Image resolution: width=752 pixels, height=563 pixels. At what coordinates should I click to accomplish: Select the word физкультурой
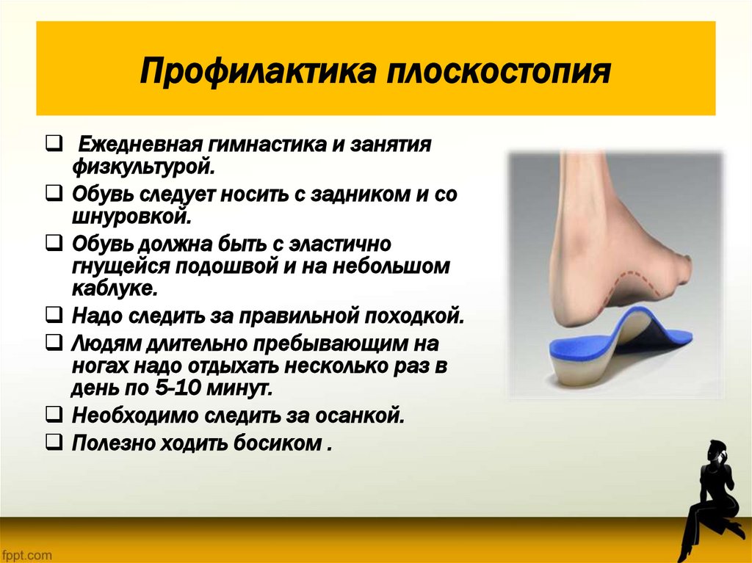[x=143, y=167]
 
